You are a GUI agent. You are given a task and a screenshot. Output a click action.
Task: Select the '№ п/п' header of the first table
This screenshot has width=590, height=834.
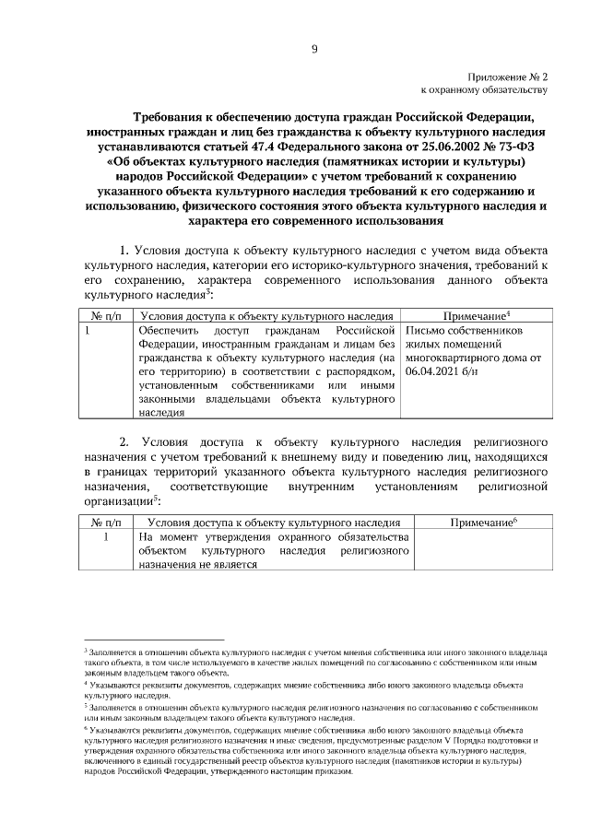coord(100,316)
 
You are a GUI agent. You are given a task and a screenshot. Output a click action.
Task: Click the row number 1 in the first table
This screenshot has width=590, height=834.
coord(87,330)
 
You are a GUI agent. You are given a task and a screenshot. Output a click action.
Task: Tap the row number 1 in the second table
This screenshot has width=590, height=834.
coord(108,536)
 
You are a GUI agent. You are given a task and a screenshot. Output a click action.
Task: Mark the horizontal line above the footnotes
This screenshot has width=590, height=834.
coord(154,638)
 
